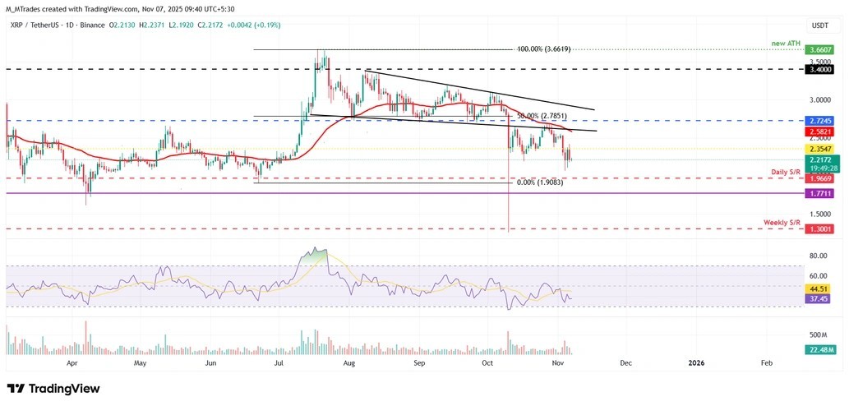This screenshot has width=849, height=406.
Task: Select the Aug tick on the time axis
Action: tap(348, 362)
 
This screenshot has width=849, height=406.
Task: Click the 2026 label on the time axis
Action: tap(696, 362)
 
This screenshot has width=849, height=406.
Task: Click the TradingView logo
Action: tap(53, 388)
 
